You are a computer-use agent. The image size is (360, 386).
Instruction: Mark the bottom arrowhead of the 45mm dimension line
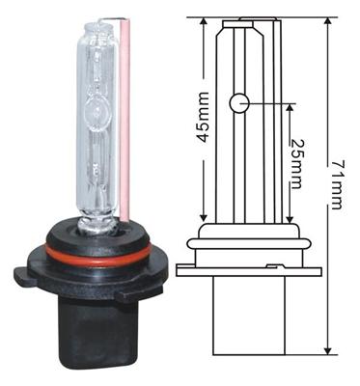pos(204,216)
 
